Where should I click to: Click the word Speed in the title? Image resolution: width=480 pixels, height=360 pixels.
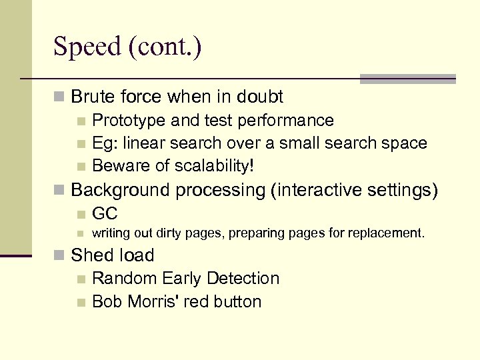[85, 47]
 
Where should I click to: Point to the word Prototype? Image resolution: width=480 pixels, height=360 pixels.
[129, 121]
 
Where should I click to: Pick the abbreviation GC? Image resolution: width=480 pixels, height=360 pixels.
[105, 214]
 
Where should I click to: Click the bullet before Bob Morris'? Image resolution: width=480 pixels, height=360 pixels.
[81, 302]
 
